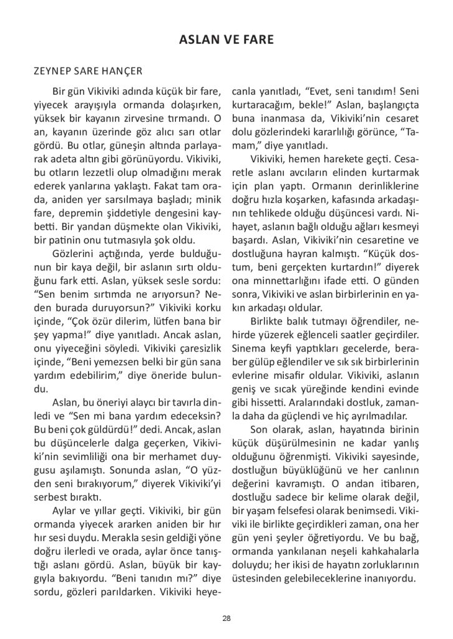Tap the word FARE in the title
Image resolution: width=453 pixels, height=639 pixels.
pyautogui.click(x=257, y=41)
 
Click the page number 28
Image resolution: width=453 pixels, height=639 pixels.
pyautogui.click(x=226, y=618)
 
